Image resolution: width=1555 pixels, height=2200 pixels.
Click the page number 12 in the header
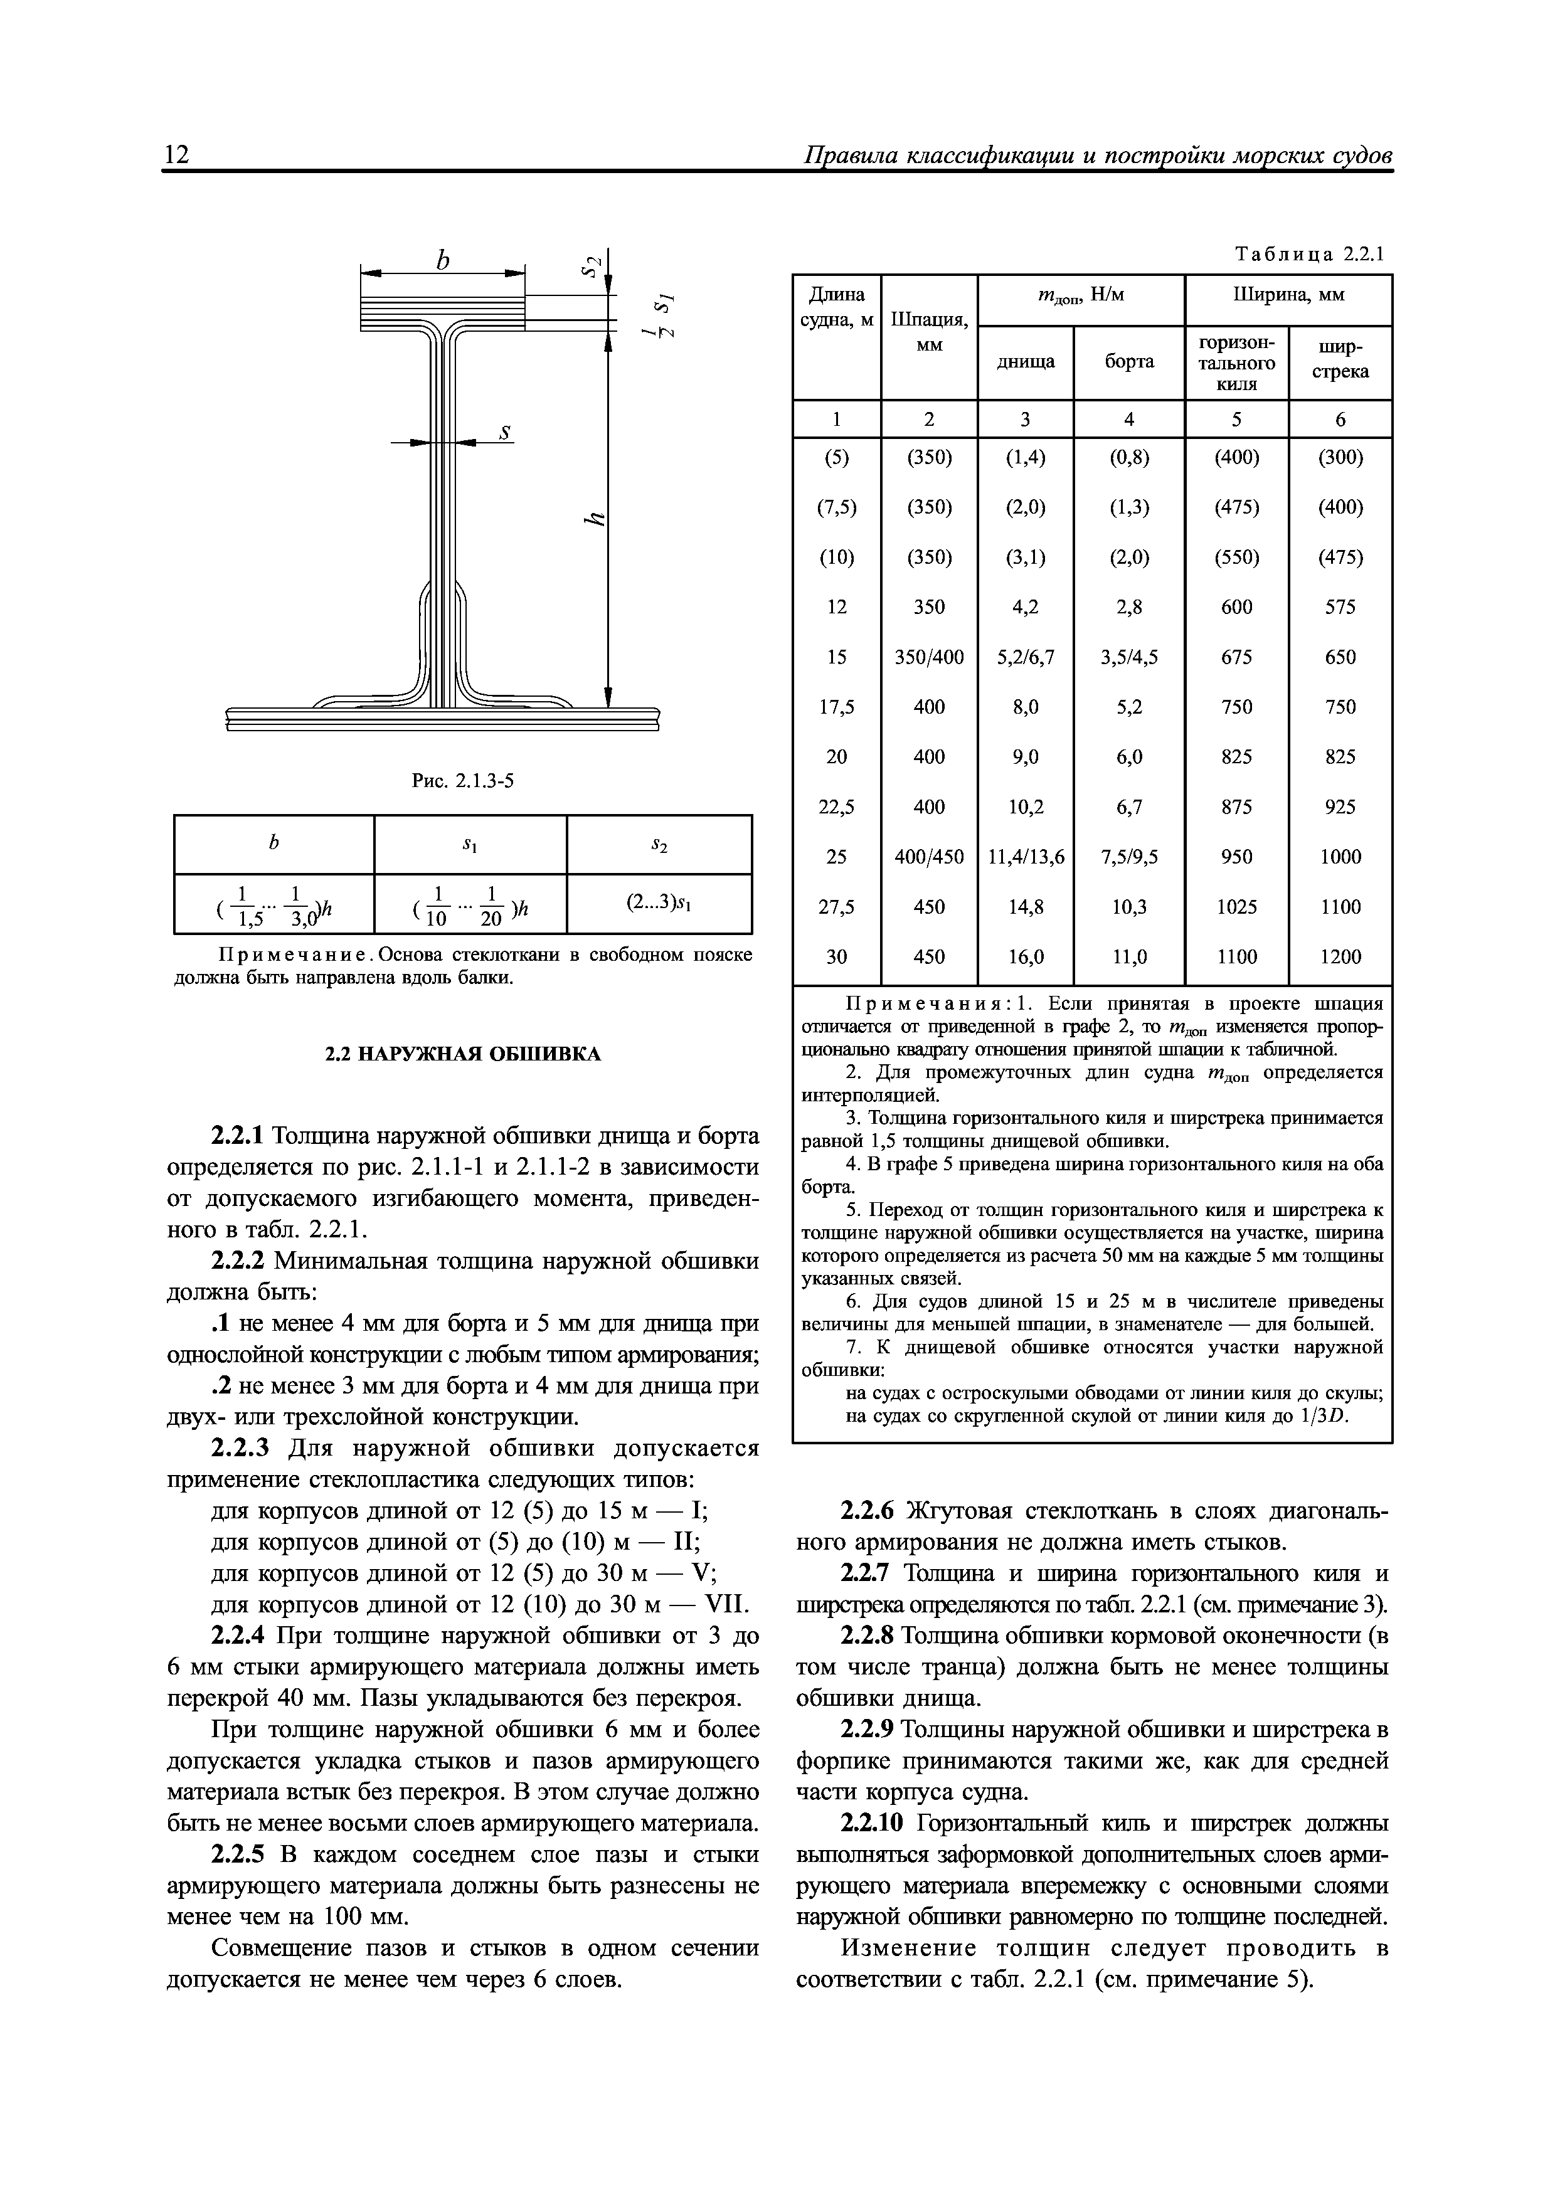[x=178, y=156]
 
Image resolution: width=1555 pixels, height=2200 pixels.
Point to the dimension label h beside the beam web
[x=595, y=519]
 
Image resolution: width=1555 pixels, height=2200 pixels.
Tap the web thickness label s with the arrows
[x=505, y=433]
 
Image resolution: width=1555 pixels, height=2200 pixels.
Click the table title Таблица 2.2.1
[x=1310, y=255]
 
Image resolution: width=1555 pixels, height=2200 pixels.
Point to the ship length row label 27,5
[x=836, y=906]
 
